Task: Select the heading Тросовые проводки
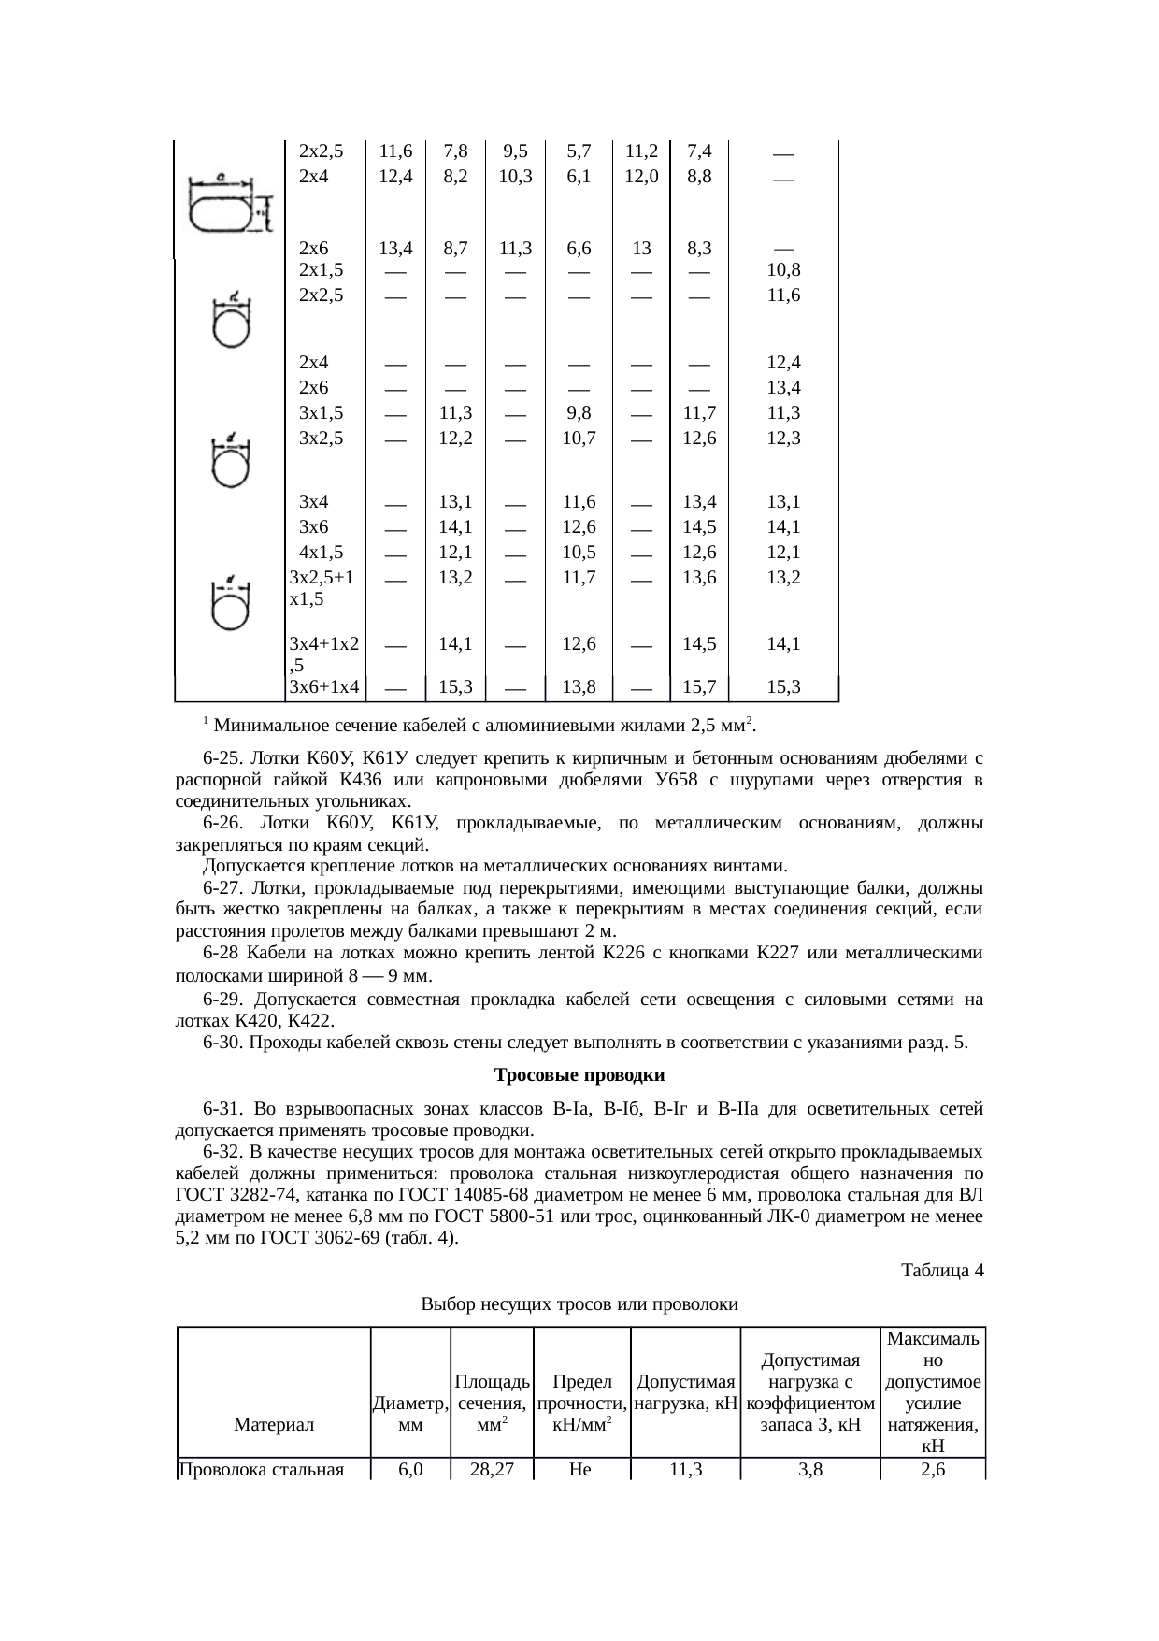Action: tap(579, 1074)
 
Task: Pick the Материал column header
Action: tap(274, 1425)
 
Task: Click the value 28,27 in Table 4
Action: tap(492, 1470)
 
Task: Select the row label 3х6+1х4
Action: tap(325, 687)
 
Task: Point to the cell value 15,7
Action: tap(699, 687)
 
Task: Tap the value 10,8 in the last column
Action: tap(783, 270)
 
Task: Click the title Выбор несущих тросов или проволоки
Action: tap(579, 1304)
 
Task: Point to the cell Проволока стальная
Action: tap(262, 1470)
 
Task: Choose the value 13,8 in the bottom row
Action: tap(579, 687)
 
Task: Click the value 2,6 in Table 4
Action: tap(932, 1470)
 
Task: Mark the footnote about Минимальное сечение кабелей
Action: tap(481, 725)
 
